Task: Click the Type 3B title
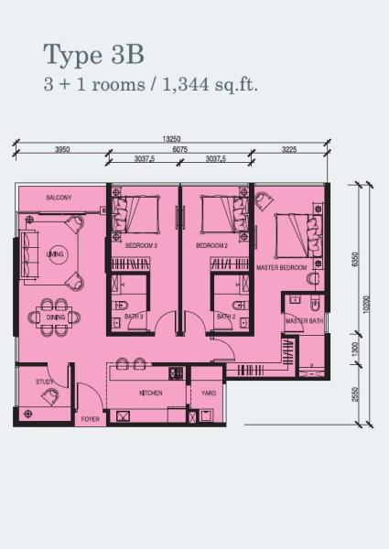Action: coord(94,55)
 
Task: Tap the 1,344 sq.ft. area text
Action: coord(211,85)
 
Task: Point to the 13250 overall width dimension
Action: coord(171,139)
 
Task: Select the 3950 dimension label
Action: coord(62,149)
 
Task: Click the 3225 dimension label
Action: coord(289,149)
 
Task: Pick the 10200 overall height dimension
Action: coord(366,305)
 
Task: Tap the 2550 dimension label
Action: coord(355,394)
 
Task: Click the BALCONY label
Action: coord(59,198)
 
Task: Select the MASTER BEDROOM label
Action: coord(282,267)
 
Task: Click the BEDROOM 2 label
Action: coord(211,246)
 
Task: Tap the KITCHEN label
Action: coord(151,393)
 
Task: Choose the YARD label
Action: coord(209,393)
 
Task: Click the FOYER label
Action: coord(91,419)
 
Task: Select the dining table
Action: coord(54,318)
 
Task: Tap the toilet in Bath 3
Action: coord(121,306)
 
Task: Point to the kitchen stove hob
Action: coord(176,373)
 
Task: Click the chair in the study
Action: coord(50,397)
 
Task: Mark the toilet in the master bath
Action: coord(315,303)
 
